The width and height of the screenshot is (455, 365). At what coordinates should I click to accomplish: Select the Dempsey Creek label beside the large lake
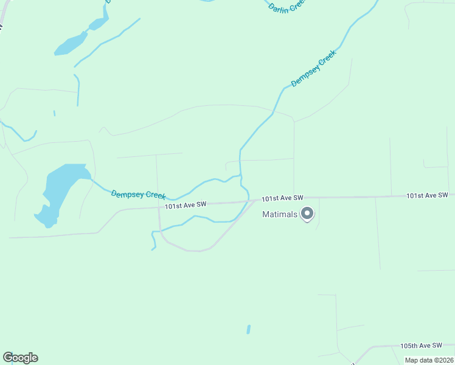(x=138, y=195)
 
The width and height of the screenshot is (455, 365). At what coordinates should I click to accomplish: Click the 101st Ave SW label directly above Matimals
(x=282, y=198)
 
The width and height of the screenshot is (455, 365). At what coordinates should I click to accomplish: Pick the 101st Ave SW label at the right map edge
(x=427, y=195)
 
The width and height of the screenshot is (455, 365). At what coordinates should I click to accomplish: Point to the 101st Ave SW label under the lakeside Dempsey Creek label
(x=186, y=206)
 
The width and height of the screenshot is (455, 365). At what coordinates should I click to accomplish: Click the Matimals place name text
(x=280, y=214)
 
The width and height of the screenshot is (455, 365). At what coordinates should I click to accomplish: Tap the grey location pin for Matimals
(x=307, y=214)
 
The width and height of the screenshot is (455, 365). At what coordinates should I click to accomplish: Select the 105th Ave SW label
(x=420, y=346)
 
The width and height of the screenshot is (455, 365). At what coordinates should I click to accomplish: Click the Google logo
(x=20, y=358)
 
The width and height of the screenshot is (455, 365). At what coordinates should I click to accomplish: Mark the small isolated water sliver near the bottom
(x=248, y=329)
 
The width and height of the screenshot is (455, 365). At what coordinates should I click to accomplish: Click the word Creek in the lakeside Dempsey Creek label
(x=155, y=196)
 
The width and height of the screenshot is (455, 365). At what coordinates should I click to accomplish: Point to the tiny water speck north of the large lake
(x=54, y=113)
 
